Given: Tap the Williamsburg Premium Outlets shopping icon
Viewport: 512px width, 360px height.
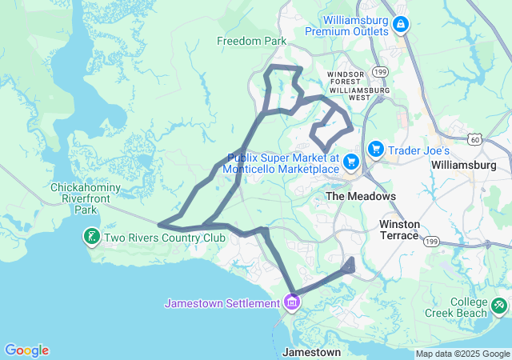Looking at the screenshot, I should (399, 24).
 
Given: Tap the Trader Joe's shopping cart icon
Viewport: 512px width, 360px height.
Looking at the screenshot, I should (375, 150).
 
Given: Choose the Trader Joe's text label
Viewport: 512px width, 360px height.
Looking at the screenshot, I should (420, 150).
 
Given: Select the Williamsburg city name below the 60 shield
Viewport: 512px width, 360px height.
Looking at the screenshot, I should (463, 165).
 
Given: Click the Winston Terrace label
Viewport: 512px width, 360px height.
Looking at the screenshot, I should (399, 230).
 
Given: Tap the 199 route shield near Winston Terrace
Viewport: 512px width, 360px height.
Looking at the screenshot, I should (432, 240).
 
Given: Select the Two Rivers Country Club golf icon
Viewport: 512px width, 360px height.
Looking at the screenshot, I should (92, 237).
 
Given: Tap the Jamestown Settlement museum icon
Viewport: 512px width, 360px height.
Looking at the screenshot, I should (292, 303).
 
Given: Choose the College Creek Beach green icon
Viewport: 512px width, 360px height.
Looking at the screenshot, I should (499, 304).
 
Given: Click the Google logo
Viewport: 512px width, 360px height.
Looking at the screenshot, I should (26, 350).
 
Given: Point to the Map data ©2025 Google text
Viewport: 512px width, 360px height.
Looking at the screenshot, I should (462, 354).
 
